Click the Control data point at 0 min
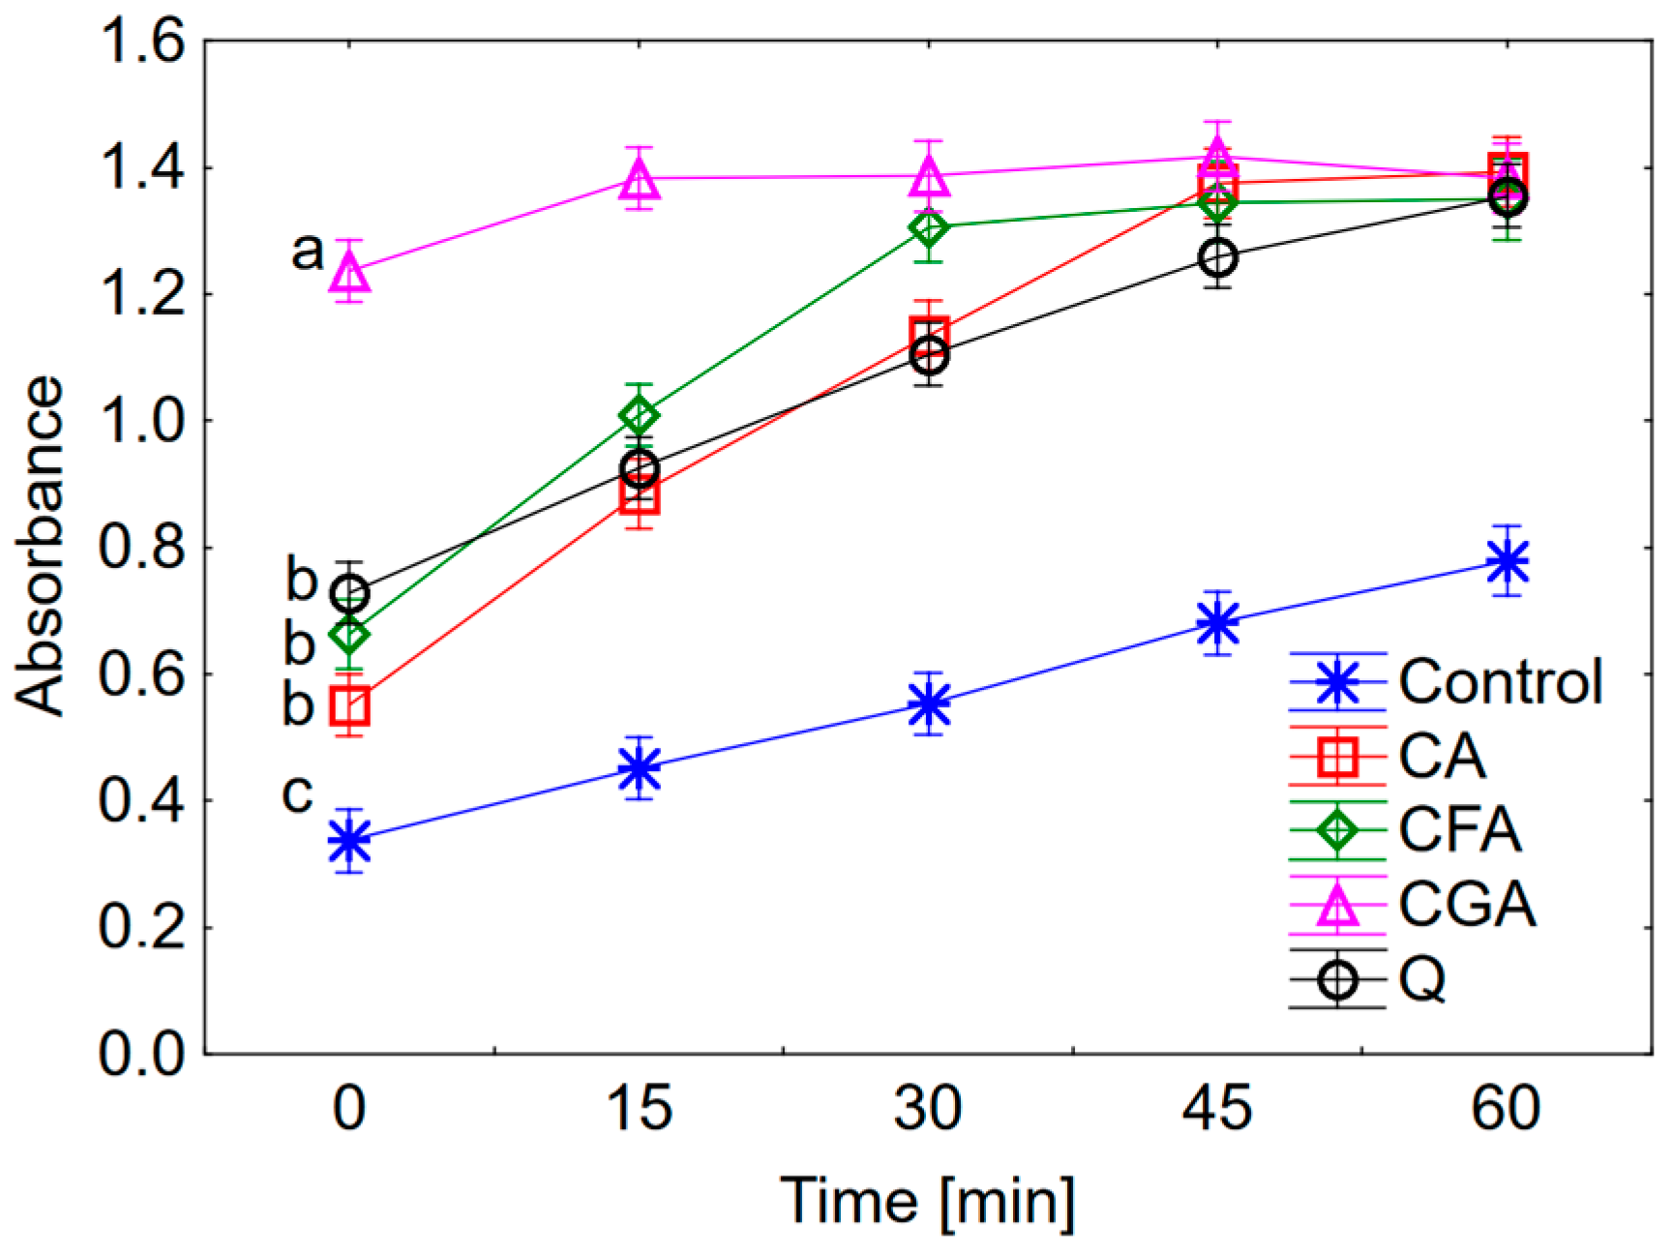pos(349,840)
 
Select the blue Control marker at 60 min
pos(1508,561)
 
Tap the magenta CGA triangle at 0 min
pos(350,272)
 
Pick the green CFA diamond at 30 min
pos(929,228)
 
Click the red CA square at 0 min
pos(349,706)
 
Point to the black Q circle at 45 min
pos(1218,257)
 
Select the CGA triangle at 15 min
pos(640,178)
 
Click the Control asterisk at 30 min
pos(929,703)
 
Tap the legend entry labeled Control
pos(1501,681)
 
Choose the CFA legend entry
pos(1459,829)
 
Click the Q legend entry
pos(1422,979)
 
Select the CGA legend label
pos(1467,904)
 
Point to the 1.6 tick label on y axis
pos(142,43)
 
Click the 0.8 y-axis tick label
pos(142,548)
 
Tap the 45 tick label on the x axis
pos(1217,1107)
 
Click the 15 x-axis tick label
pos(639,1107)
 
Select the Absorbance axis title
pos(41,547)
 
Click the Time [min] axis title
pos(927,1201)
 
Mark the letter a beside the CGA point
pos(307,252)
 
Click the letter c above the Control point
pos(297,793)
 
